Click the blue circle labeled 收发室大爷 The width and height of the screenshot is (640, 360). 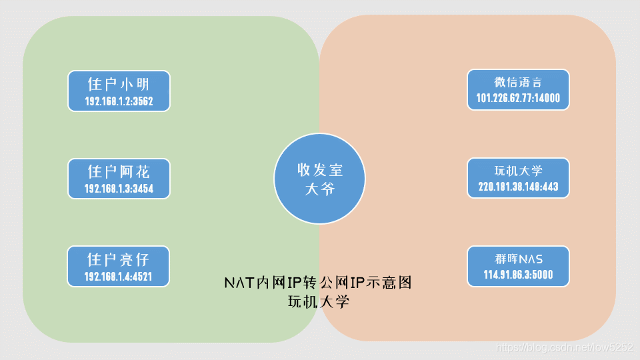click(x=319, y=179)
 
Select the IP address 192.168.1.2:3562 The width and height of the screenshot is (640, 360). click(x=119, y=101)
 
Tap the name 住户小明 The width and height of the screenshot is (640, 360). click(x=119, y=84)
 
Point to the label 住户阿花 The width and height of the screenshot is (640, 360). click(x=119, y=171)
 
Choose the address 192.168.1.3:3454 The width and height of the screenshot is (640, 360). click(x=119, y=189)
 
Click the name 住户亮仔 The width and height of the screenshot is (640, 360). click(x=119, y=259)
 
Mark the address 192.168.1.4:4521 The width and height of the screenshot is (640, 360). click(x=119, y=276)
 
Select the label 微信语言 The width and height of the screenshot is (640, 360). click(x=518, y=83)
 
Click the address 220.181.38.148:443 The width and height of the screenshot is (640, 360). click(x=518, y=187)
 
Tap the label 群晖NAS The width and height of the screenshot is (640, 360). click(x=518, y=258)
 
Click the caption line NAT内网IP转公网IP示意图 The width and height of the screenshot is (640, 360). click(x=318, y=283)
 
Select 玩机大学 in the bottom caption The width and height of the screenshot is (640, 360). click(x=318, y=301)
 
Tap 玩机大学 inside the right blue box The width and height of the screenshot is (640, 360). click(x=518, y=170)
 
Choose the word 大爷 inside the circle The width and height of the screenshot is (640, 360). click(x=319, y=189)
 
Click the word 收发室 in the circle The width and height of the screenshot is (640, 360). click(x=319, y=170)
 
